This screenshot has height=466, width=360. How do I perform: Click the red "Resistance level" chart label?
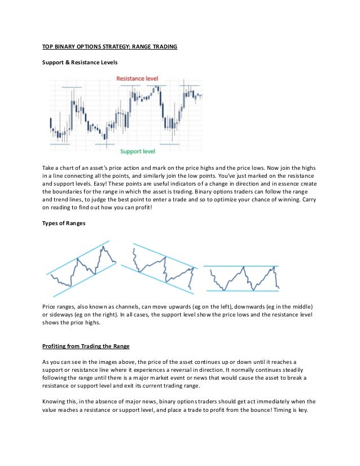(x=137, y=78)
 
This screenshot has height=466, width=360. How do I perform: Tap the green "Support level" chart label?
(x=138, y=152)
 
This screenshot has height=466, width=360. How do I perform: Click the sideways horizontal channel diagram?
(x=242, y=278)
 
